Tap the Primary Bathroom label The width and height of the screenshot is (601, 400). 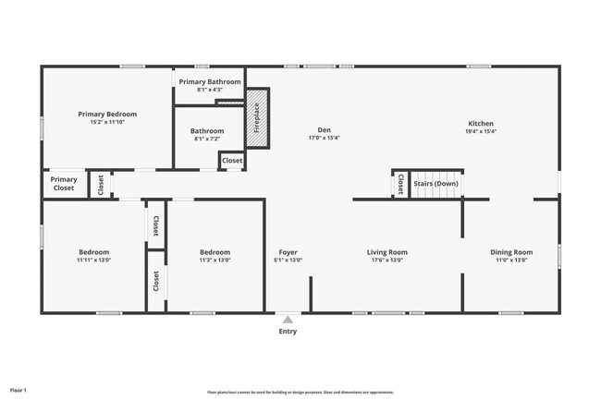coord(210,81)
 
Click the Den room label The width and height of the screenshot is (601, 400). coord(325,130)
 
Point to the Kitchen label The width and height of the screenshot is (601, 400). coord(481,124)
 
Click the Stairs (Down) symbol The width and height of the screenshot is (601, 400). coord(435,183)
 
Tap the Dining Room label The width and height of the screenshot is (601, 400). coord(511,252)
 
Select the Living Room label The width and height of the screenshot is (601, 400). coord(387,252)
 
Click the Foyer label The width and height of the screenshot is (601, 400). coord(288,252)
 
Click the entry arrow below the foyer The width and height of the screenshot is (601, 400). coord(288,319)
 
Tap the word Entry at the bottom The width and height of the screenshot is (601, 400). coord(288,331)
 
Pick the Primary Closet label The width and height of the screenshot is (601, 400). coord(64,184)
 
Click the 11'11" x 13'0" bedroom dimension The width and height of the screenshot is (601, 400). coord(93,261)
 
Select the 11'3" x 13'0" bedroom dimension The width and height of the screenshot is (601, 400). coord(215,261)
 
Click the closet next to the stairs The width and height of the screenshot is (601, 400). coord(399,184)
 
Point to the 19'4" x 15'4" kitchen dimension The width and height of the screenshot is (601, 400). coord(481,132)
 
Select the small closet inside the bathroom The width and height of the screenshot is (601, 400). coord(232,161)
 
